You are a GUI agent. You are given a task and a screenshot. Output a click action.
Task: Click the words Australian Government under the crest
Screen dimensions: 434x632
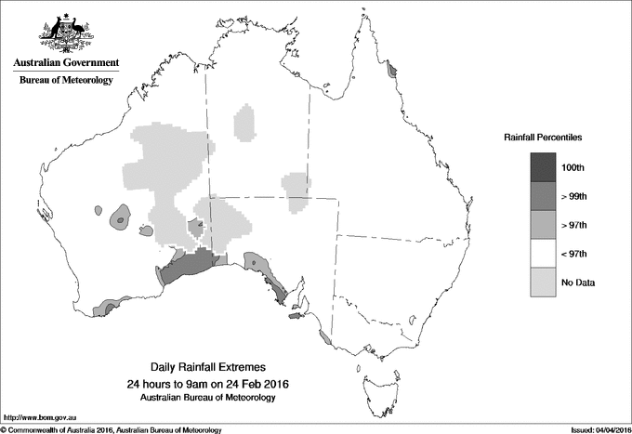[65, 63]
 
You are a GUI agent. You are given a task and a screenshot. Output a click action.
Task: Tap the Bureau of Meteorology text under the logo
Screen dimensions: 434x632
[65, 81]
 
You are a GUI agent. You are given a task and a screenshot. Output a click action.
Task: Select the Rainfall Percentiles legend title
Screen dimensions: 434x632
[543, 137]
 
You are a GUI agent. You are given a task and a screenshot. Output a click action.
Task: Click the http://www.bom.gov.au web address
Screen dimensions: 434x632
[41, 419]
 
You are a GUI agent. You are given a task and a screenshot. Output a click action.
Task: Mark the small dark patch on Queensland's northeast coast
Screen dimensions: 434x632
[392, 69]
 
